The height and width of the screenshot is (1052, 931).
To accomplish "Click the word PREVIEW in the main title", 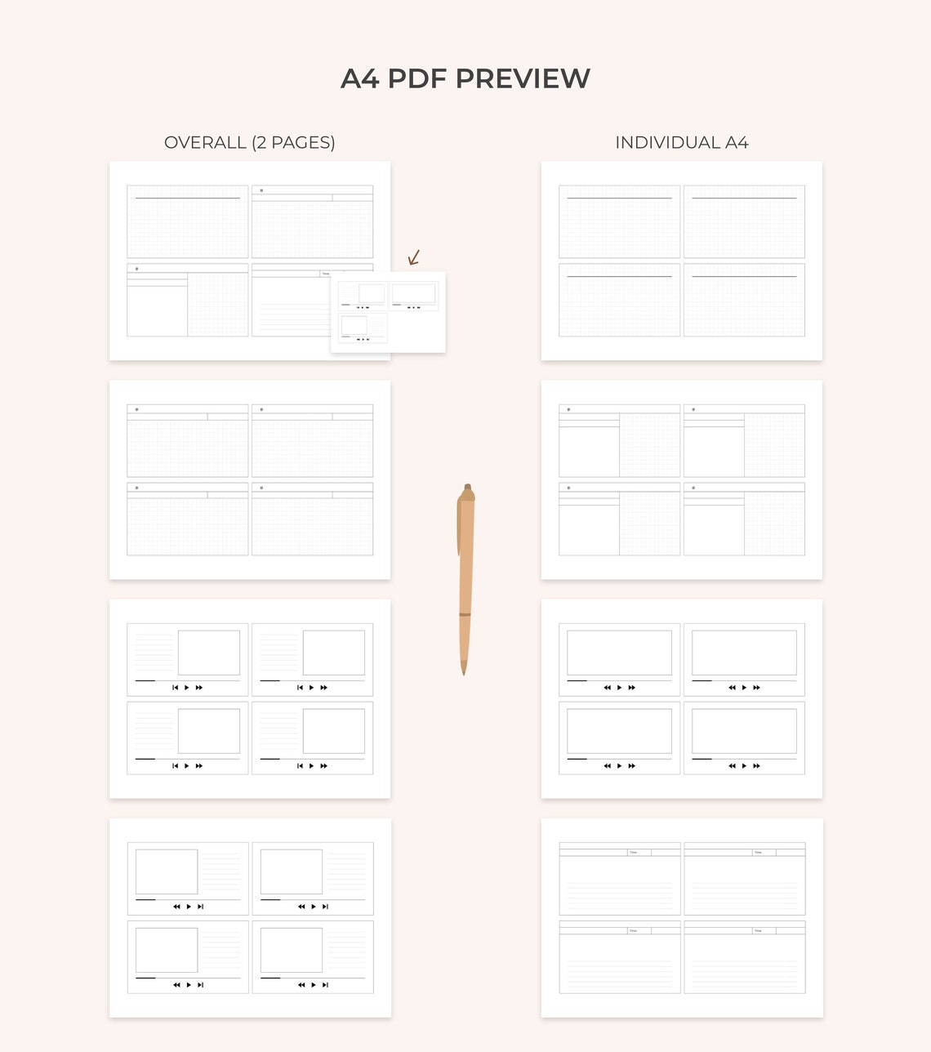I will pos(523,78).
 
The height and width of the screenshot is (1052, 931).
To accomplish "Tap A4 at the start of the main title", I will pos(359,78).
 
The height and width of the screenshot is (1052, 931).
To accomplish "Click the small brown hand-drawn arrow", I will pos(414,258).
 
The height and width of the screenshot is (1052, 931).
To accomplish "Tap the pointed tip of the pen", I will pos(464,671).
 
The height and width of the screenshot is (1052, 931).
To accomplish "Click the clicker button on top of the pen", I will pos(467,487).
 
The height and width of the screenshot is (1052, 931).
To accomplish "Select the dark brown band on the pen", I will pos(465,614).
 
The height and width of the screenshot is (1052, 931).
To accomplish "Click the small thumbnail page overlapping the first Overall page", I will pos(388,312).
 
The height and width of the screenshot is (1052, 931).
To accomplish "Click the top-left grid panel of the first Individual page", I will pos(619,221).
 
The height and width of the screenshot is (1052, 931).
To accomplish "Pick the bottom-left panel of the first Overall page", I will pos(187,300).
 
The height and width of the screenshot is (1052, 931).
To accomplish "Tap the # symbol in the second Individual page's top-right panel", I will pos(693,409).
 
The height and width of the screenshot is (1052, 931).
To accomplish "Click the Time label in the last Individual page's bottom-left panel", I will pos(633,930).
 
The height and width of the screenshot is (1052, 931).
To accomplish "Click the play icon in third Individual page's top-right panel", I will pos(744,688).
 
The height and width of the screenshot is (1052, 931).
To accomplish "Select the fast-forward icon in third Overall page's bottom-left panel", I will pos(199,766).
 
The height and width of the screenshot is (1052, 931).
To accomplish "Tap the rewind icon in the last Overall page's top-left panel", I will pos(176,907).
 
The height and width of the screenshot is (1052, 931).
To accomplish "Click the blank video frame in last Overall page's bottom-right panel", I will pos(291,950).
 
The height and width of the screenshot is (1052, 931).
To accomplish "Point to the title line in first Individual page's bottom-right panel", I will pos(744,277).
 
